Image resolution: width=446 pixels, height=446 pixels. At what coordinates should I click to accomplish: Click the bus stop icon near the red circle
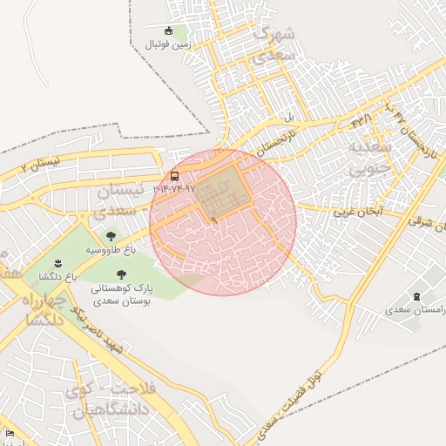[x=175, y=176]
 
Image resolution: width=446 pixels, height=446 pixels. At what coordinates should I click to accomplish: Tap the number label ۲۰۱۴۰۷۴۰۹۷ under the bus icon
[x=175, y=188]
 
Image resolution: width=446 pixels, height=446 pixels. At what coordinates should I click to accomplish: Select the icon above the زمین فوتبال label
[x=169, y=30]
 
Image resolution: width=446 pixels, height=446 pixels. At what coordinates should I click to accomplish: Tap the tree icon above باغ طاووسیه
[x=111, y=235]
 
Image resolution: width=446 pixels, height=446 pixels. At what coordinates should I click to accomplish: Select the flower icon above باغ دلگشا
[x=57, y=263]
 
